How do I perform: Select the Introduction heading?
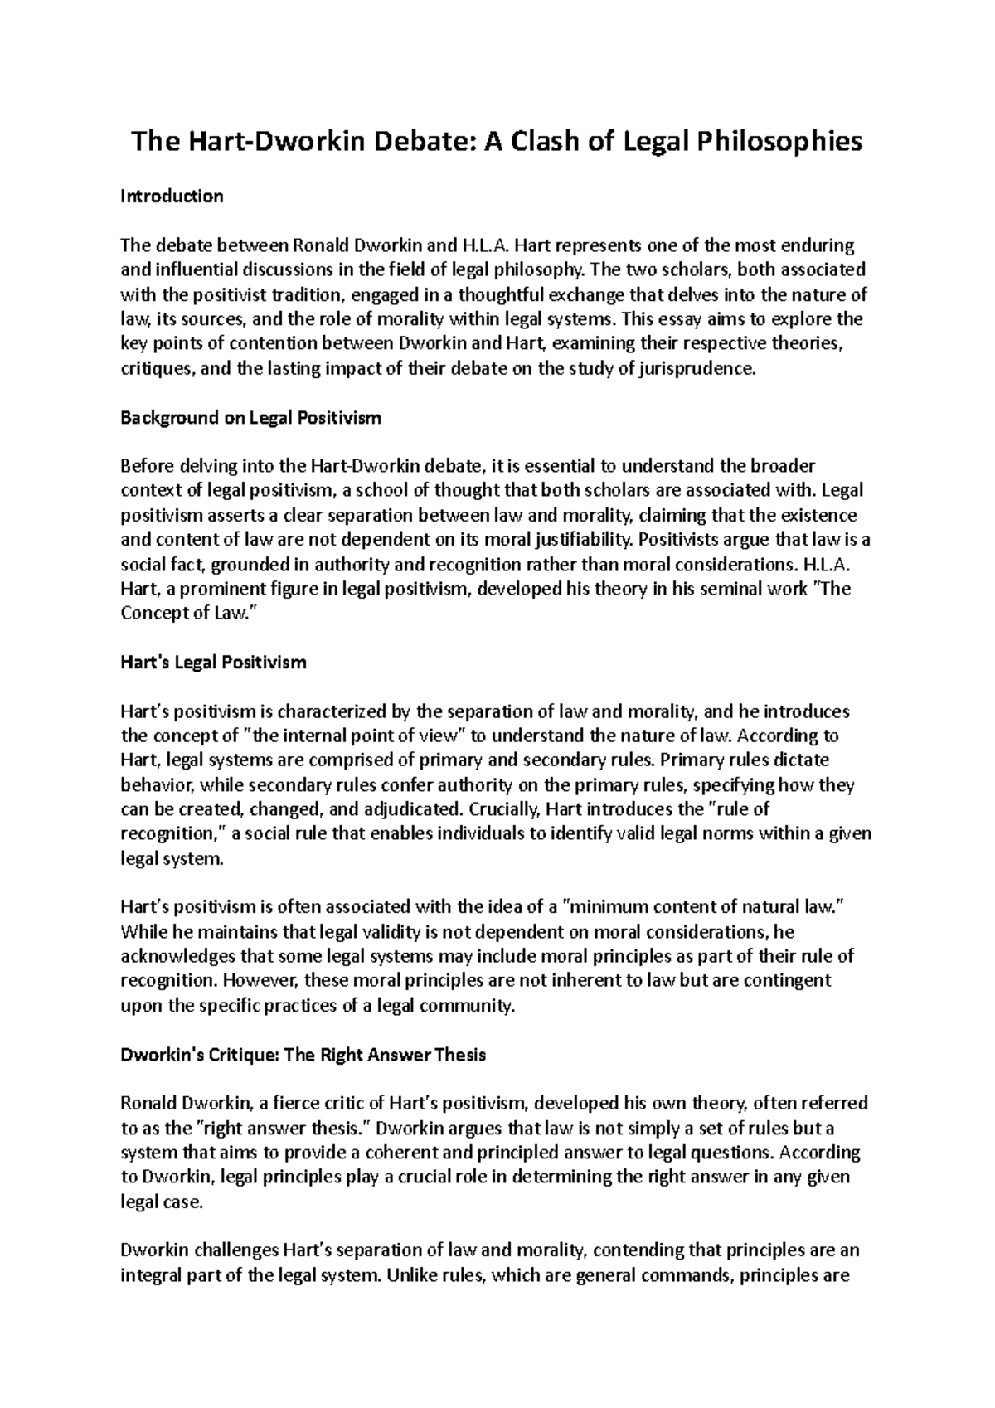pos(172,197)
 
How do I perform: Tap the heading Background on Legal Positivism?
pos(250,418)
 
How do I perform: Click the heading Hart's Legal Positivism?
pos(213,663)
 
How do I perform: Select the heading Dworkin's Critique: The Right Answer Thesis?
pos(303,1055)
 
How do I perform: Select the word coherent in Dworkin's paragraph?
pos(454,1153)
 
